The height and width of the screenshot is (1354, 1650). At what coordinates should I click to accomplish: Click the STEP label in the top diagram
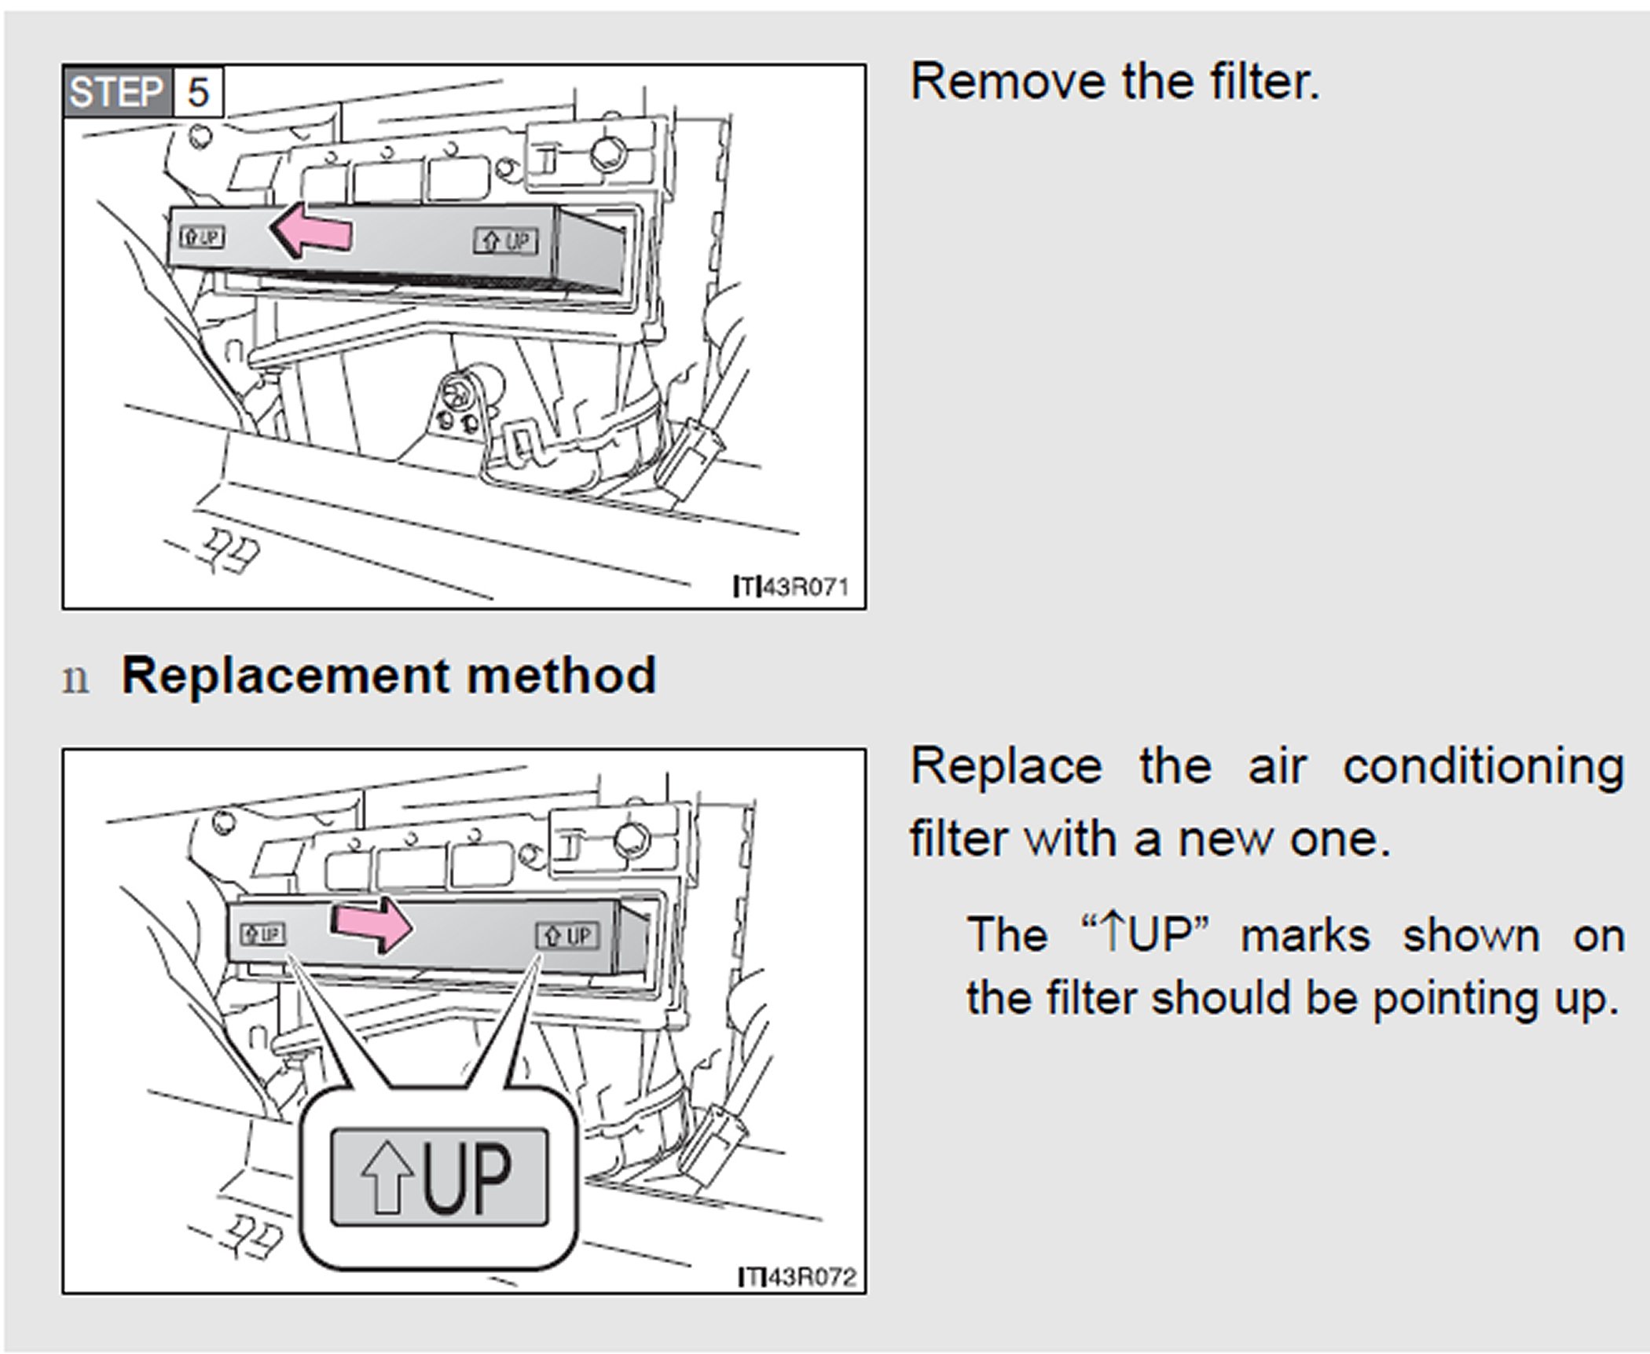[x=115, y=93]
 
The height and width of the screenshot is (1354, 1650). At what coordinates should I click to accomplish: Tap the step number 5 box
[x=197, y=93]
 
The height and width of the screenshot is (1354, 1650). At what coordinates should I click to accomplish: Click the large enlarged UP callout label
[x=438, y=1176]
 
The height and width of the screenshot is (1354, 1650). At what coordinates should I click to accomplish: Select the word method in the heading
[x=561, y=675]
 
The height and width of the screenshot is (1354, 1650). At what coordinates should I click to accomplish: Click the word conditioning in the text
[x=1483, y=766]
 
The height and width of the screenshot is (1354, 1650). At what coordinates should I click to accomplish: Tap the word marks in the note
[x=1305, y=935]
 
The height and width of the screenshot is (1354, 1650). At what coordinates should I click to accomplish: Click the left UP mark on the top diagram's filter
[x=202, y=236]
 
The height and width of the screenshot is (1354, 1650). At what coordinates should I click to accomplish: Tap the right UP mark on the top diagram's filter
[x=505, y=240]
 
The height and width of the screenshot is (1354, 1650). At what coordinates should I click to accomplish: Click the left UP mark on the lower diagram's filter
[x=262, y=934]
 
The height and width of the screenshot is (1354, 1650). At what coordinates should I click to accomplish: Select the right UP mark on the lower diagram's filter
[x=567, y=936]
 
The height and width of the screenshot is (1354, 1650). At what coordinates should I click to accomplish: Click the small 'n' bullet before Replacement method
[x=75, y=678]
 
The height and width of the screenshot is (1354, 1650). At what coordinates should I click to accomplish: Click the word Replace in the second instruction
[x=1006, y=766]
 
